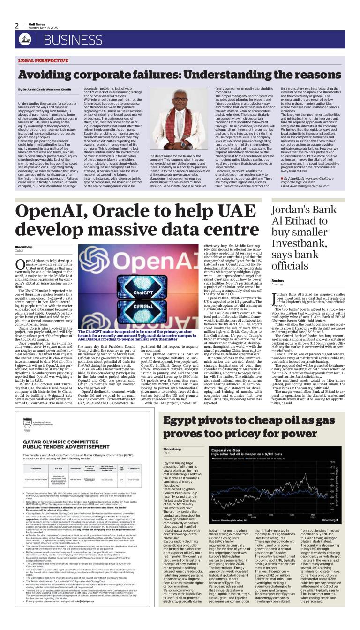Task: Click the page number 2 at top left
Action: pyautogui.click(x=17, y=26)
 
